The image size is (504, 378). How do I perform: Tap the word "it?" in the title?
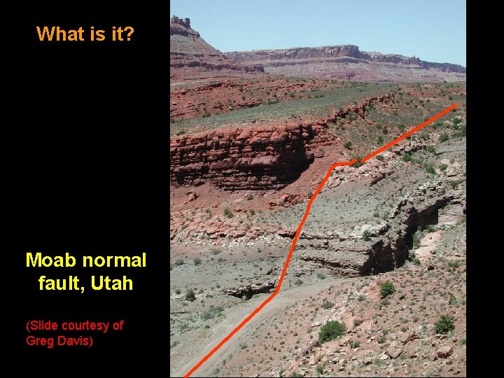(120, 34)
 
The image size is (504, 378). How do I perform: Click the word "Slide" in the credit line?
(43, 325)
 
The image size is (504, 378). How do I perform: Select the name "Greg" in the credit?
(38, 341)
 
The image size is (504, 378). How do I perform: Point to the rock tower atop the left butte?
(181, 22)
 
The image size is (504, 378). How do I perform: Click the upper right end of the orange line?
(456, 106)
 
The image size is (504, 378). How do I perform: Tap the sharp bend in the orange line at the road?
(276, 290)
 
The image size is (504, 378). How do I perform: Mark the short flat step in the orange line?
(342, 164)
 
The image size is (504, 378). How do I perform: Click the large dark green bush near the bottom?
(332, 330)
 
